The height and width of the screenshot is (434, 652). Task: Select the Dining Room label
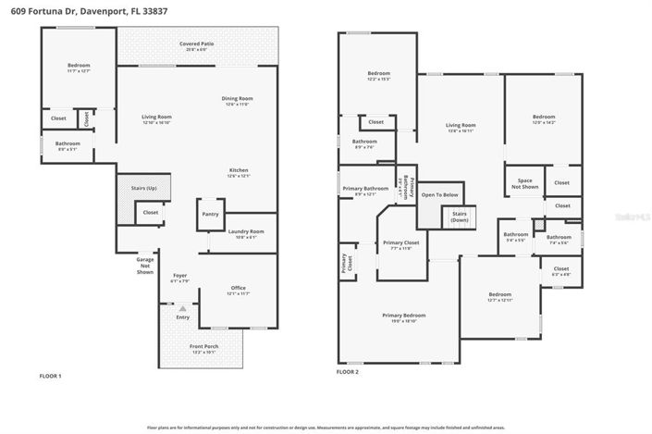click(237, 101)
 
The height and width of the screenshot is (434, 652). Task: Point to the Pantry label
click(209, 214)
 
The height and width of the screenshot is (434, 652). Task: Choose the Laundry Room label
click(246, 233)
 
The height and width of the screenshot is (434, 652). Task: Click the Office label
click(240, 291)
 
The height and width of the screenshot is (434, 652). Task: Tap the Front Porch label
click(203, 349)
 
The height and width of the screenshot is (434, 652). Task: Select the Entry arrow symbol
click(182, 308)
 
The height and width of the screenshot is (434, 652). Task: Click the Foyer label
click(180, 277)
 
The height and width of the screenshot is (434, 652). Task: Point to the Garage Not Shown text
click(145, 266)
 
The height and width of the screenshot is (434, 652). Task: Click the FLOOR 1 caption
click(50, 377)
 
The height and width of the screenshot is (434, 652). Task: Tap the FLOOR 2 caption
click(348, 372)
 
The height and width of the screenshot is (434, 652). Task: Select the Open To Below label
click(440, 195)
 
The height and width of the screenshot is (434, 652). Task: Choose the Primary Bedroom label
click(400, 317)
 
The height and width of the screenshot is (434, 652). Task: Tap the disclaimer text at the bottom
click(326, 428)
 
